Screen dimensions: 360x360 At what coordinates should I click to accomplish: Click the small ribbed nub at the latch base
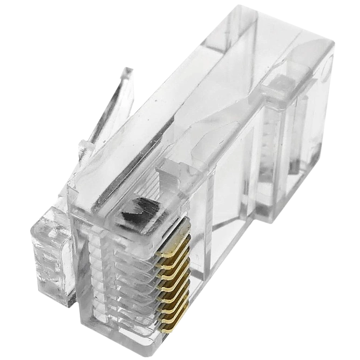[x=83, y=146]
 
